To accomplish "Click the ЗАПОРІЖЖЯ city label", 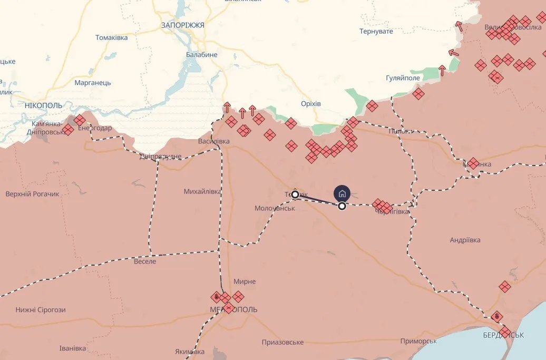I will click(182, 25).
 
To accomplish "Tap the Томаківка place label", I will click(111, 37).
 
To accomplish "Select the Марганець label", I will click(92, 83).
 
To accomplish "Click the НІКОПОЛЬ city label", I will click(43, 105).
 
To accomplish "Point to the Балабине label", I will click(201, 54).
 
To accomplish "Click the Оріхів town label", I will click(310, 104).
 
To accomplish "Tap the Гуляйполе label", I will click(403, 78).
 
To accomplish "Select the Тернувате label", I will click(376, 32).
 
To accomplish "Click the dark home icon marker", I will click(342, 193).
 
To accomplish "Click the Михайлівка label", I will click(202, 191).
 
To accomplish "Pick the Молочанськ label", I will click(274, 208).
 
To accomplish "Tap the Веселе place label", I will click(145, 261).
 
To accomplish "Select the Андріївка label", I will click(465, 240).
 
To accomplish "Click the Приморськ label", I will click(418, 341).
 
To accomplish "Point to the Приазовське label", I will click(282, 342).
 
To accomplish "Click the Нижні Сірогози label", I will click(41, 309).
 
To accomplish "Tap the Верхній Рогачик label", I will click(33, 194).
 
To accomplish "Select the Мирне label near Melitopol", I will click(244, 282).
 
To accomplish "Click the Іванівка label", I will click(73, 348).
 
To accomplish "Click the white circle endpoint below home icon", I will click(342, 206).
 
